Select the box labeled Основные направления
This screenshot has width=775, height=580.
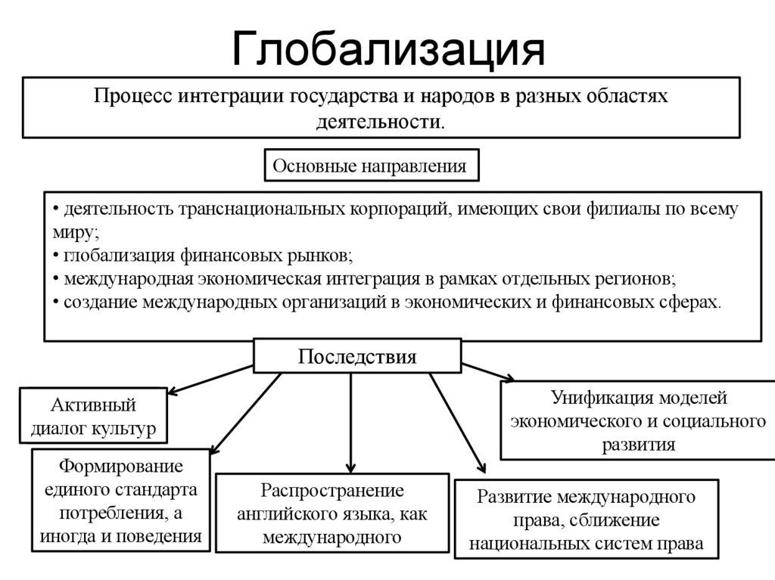(370, 166)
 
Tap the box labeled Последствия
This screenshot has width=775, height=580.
(356, 356)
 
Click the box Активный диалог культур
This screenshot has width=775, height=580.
(93, 415)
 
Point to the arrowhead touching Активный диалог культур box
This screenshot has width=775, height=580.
(170, 392)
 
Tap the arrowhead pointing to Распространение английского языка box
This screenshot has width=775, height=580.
(350, 467)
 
